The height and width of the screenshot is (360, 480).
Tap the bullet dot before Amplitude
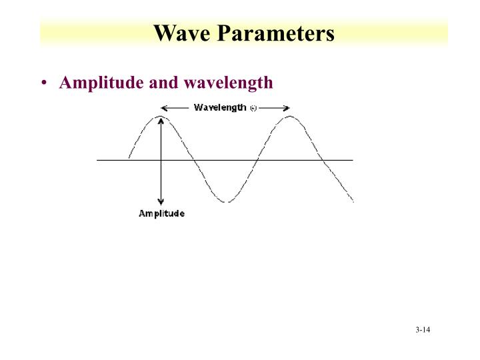point(44,83)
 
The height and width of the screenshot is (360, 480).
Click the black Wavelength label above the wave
point(220,107)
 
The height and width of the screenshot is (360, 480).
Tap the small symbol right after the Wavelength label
point(253,108)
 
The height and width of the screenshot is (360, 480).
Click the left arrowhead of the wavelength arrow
point(165,107)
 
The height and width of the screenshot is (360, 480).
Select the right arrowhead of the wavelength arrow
point(287,107)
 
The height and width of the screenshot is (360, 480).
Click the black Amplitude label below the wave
point(161,214)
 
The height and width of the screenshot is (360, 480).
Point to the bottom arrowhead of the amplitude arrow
point(161,202)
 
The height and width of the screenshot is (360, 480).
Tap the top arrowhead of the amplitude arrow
point(161,119)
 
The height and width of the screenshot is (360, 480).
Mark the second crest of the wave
point(290,117)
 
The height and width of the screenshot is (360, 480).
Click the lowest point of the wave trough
point(226,201)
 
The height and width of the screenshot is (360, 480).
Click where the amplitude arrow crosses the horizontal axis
point(161,160)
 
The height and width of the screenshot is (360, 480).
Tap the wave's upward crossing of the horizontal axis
point(257,160)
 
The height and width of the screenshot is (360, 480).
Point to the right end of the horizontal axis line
point(352,160)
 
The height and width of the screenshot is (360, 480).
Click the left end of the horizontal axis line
point(98,160)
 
